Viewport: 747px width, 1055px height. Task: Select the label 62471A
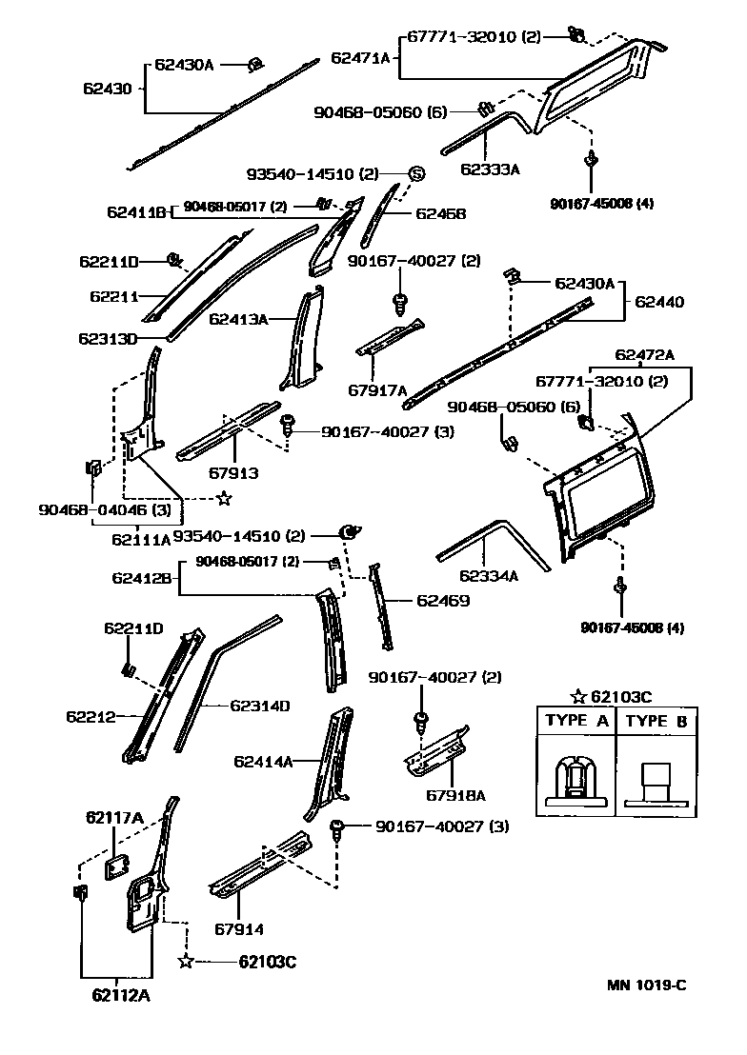pyautogui.click(x=361, y=58)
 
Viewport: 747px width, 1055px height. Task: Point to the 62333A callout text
pyautogui.click(x=490, y=169)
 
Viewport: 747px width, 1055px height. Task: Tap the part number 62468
pyautogui.click(x=441, y=214)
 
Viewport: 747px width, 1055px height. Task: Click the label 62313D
pyautogui.click(x=109, y=338)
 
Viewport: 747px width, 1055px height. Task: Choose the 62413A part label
pyautogui.click(x=238, y=319)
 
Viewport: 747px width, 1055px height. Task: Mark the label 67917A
pyautogui.click(x=377, y=389)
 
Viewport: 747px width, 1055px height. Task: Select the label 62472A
pyautogui.click(x=644, y=356)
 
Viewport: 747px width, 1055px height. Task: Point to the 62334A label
pyautogui.click(x=489, y=575)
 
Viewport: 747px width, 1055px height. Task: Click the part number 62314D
pyautogui.click(x=259, y=706)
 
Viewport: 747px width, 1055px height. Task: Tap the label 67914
pyautogui.click(x=238, y=929)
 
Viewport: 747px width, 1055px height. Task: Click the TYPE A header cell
pyautogui.click(x=575, y=721)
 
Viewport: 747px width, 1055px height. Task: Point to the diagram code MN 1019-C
pyautogui.click(x=647, y=985)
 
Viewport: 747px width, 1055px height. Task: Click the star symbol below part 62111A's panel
pyautogui.click(x=224, y=497)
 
